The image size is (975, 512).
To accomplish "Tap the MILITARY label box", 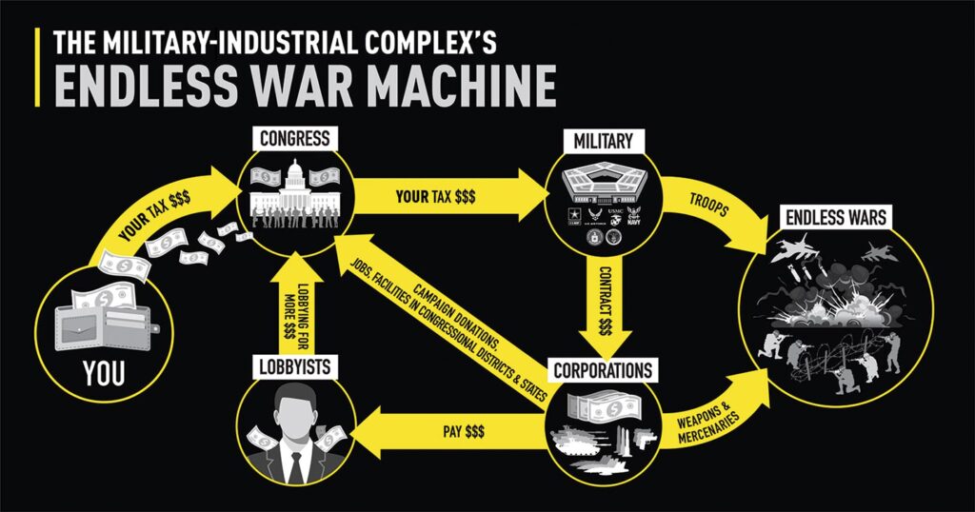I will [604, 141].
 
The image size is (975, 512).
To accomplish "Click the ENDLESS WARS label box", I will [836, 217].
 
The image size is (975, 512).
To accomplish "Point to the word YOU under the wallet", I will [104, 374].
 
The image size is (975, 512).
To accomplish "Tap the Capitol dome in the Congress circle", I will [295, 176].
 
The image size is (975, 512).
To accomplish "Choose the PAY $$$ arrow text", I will [465, 431].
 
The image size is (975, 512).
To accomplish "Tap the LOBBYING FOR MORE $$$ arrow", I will [295, 305].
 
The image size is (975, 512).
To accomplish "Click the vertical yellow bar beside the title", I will [38, 67].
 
